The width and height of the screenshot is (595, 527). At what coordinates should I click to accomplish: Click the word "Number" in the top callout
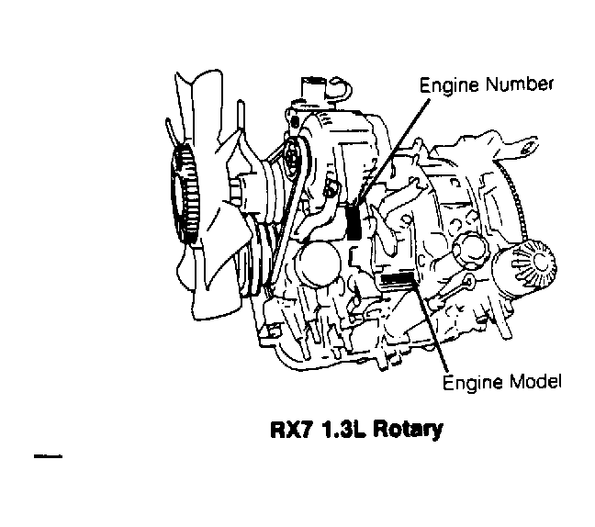(522, 85)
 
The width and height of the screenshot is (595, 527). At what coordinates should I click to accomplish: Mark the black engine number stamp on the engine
(356, 223)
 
